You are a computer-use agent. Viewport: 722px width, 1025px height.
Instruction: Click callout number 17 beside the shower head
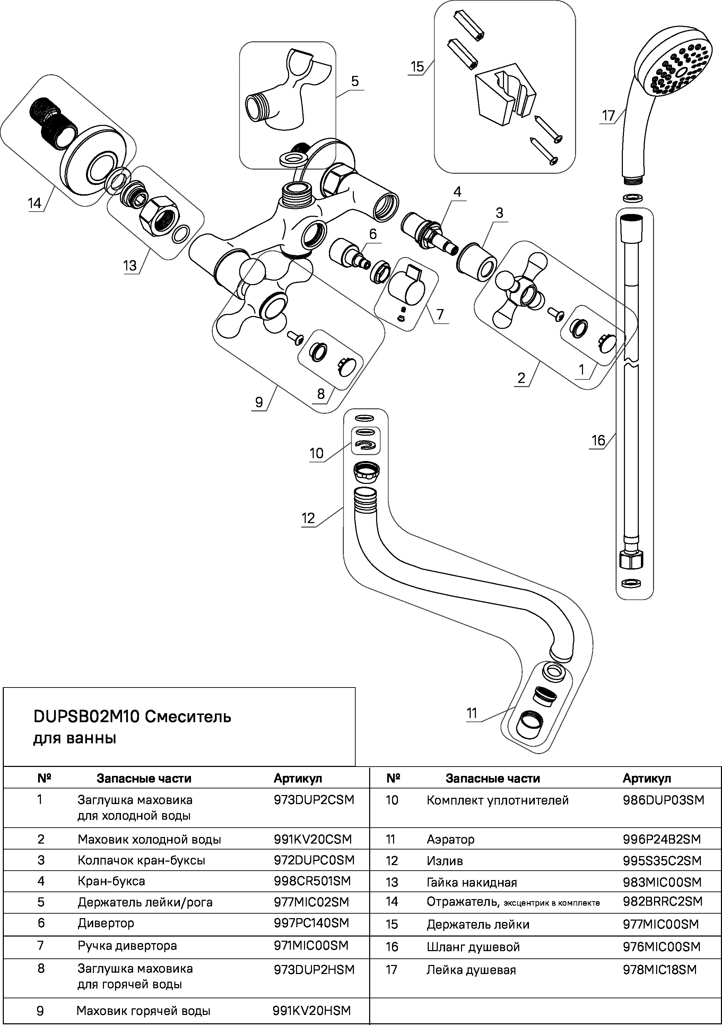(608, 116)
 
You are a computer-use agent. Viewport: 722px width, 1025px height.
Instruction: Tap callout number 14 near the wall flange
(34, 204)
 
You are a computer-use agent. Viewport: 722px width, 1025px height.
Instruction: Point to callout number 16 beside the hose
(598, 441)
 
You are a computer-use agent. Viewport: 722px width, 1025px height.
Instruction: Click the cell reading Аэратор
(450, 839)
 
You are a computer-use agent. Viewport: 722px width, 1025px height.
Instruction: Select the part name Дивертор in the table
(106, 923)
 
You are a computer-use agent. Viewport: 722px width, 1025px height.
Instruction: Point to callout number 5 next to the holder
(355, 81)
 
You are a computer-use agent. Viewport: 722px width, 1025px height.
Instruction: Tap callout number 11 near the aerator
(472, 713)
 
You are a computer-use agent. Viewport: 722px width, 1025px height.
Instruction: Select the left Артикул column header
(298, 778)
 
